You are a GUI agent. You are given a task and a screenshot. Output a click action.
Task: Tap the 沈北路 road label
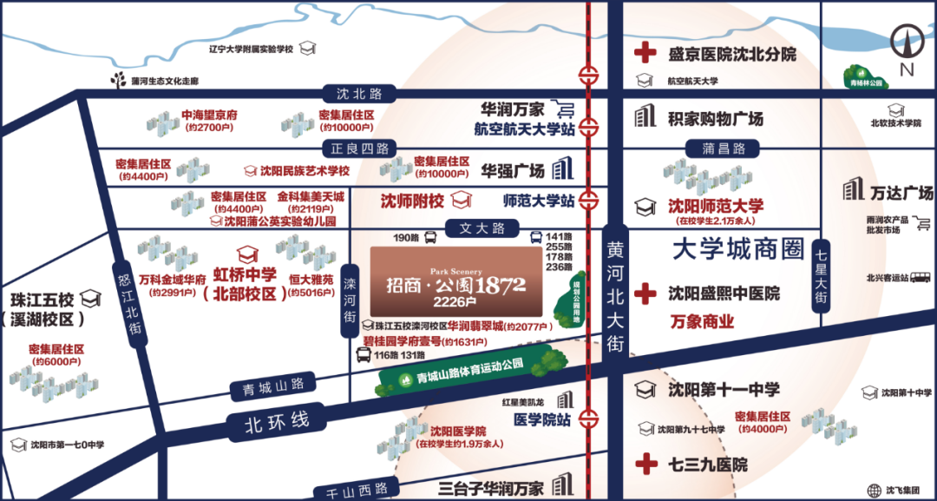coord(353,94)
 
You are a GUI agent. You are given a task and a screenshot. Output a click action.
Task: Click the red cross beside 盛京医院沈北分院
coord(645,54)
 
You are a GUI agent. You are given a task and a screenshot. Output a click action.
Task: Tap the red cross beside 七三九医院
coord(645,464)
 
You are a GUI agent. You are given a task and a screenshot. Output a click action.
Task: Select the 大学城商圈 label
coord(738,249)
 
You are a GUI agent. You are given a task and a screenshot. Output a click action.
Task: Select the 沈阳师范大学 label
coord(716,206)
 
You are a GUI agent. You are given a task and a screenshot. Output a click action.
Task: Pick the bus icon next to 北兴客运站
coord(921,278)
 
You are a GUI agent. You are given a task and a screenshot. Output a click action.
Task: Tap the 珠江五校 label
coord(42,300)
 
